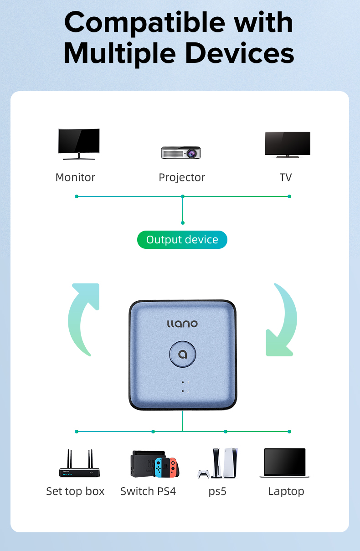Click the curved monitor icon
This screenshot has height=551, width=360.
coord(79,144)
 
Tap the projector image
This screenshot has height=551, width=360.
coord(181,153)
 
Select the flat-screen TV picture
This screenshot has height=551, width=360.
coord(288,144)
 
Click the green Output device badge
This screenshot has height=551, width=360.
coord(182,240)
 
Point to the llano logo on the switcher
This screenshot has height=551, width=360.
coord(182,324)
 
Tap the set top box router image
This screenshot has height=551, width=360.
coord(79,463)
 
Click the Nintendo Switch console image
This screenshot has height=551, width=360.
coord(154,464)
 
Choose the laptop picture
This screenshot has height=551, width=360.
coord(285,463)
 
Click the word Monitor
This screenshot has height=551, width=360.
coord(75,177)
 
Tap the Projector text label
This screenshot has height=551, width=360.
coord(182,178)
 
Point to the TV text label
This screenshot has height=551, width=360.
coord(286,177)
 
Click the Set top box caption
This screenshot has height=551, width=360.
coord(75,491)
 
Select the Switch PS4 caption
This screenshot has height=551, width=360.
coord(148,491)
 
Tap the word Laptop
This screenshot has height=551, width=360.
coord(286,492)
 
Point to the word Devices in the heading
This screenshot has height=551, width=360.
coord(240,53)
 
